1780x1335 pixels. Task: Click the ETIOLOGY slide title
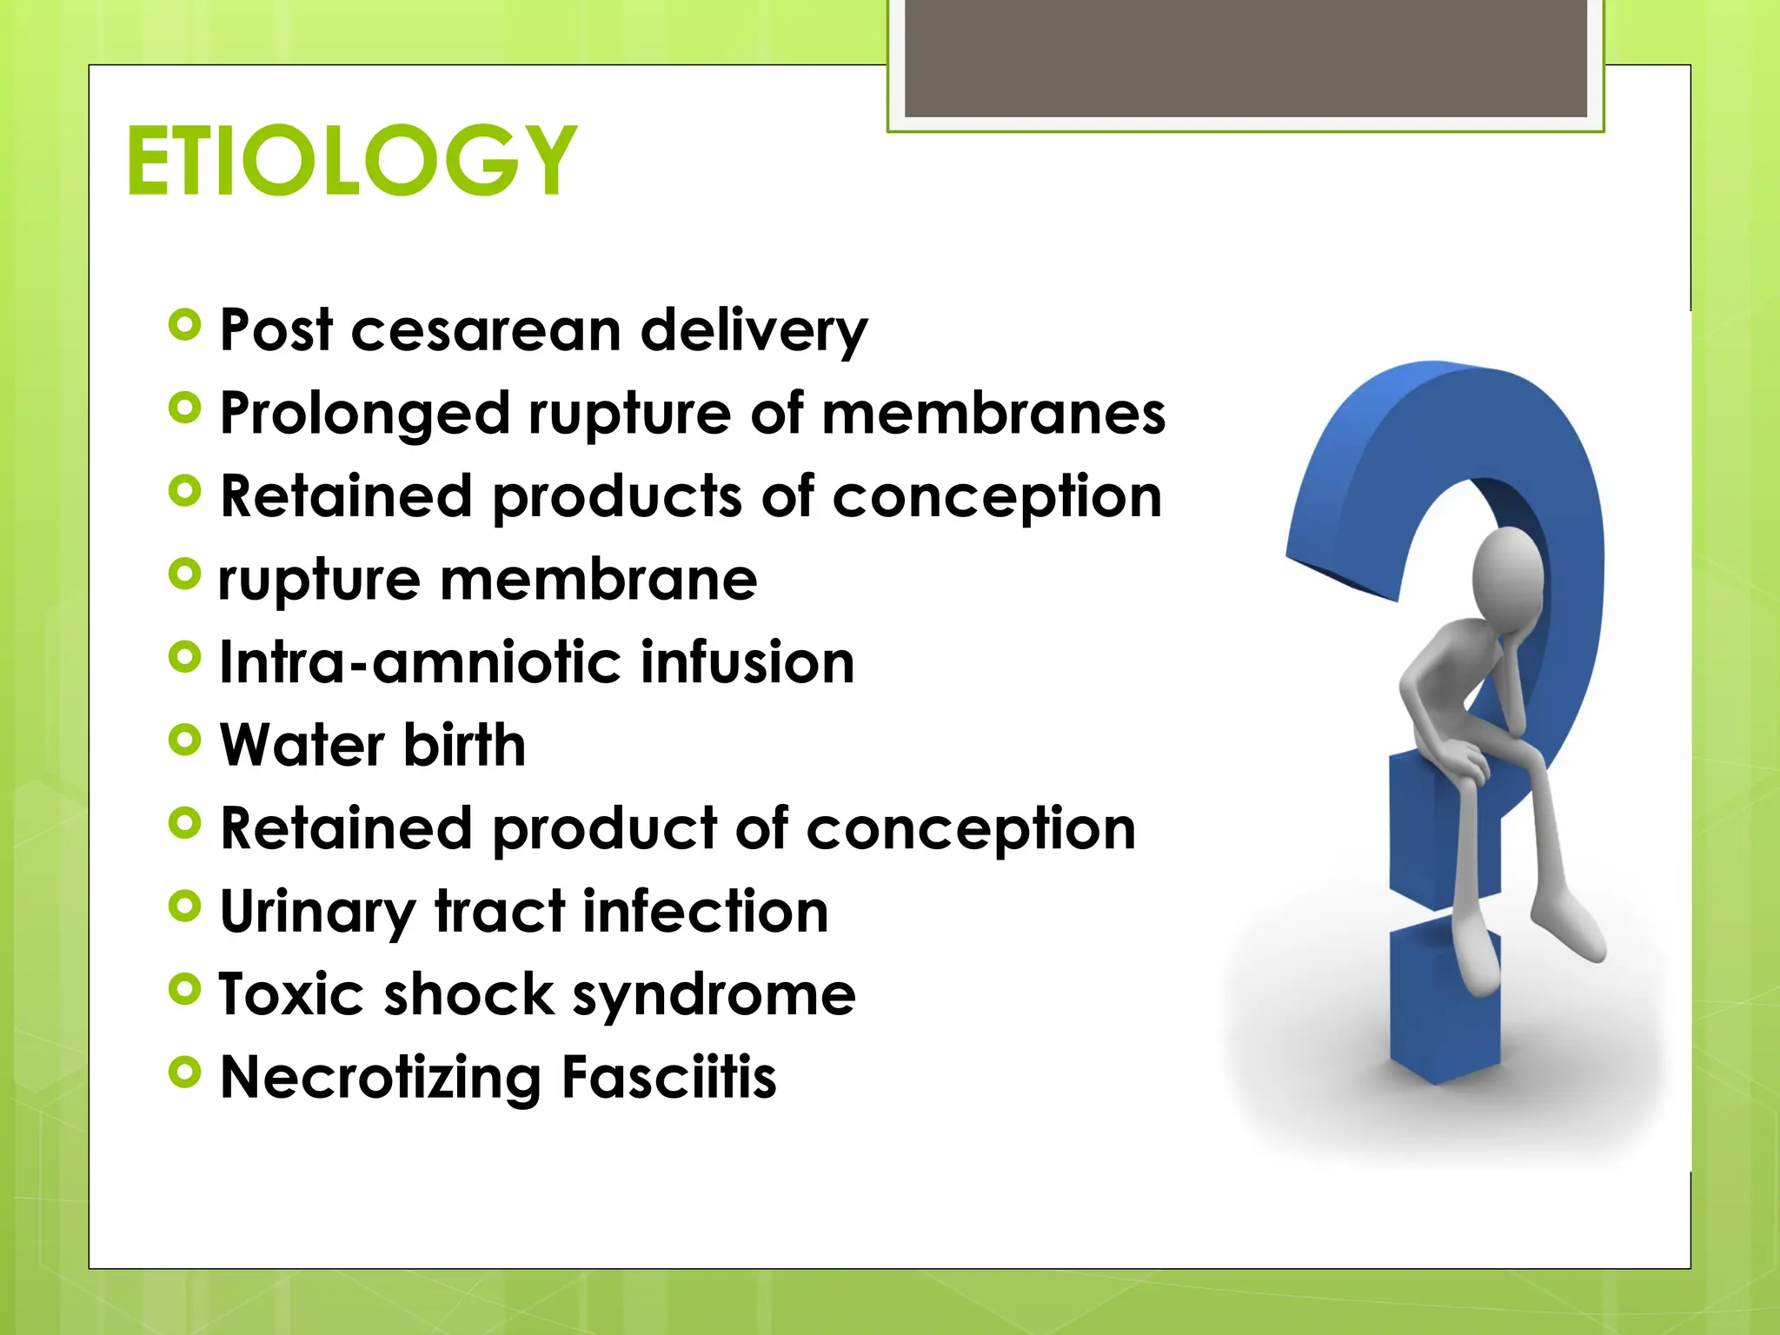351,161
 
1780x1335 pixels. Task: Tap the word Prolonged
364,415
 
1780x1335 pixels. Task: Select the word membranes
993,414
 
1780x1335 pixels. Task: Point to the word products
618,498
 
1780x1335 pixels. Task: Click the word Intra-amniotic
420,663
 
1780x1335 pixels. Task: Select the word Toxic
290,994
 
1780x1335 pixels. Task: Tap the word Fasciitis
668,1078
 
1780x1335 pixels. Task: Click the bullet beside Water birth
184,741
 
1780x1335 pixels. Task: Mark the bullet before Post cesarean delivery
184,326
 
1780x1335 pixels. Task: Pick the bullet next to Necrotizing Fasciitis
184,1073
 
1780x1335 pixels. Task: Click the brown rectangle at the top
1245,57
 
